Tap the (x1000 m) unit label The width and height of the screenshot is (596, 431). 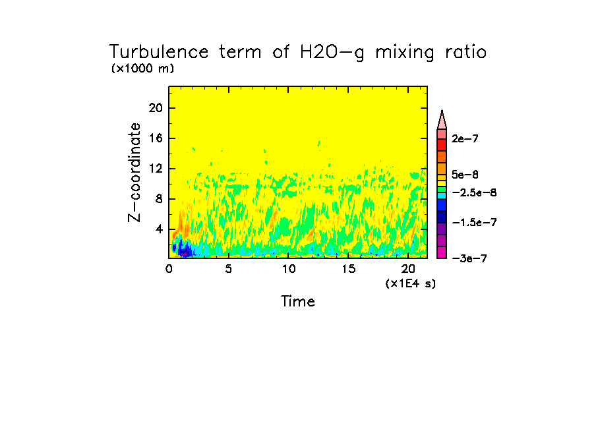tap(142, 69)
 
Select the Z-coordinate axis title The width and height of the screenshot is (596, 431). tap(135, 171)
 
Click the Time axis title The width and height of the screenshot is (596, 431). tap(298, 302)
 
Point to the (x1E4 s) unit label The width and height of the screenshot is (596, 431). tap(411, 283)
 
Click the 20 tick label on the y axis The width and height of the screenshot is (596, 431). tap(156, 108)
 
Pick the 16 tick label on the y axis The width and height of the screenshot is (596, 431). tap(156, 138)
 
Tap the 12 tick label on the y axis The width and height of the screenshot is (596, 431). tap(156, 169)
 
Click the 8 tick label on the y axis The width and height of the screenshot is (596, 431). tap(158, 199)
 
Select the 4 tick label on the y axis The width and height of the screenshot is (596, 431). tap(158, 229)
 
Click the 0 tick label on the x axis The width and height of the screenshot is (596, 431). tap(169, 269)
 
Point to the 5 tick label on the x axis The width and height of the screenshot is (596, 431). tap(228, 269)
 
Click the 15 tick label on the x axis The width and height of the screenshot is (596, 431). tap(348, 269)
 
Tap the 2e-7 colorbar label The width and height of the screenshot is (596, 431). tap(465, 139)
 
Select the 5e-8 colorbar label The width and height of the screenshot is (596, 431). tap(465, 175)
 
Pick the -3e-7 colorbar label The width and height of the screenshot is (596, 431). tap(469, 258)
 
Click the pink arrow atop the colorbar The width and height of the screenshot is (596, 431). tap(442, 119)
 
